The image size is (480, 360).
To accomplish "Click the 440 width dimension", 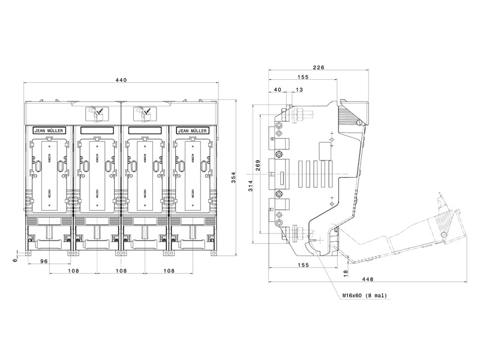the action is tap(121, 80).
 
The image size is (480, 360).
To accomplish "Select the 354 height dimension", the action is tap(233, 178).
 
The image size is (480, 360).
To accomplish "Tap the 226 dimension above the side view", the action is tap(319, 67).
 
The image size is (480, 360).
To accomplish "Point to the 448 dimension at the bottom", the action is tap(367, 279).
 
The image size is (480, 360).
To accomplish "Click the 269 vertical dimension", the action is tap(258, 166).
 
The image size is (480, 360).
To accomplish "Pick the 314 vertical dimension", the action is tap(251, 186).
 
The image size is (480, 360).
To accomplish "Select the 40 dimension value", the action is tap(277, 89).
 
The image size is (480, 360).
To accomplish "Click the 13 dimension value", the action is tap(299, 89).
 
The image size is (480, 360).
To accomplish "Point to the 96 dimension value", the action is tap(44, 261).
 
